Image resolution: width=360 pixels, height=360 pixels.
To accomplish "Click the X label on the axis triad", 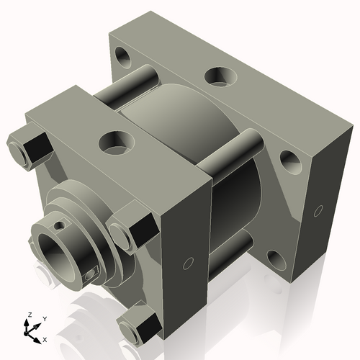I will (46, 338).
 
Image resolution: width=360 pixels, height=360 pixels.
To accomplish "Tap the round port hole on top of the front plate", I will (115, 140).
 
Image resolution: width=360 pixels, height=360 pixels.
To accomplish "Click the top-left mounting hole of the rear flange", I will (122, 54).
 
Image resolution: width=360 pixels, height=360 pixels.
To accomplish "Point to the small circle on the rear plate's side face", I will (318, 211).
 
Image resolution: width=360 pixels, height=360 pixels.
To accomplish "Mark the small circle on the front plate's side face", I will (189, 264).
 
